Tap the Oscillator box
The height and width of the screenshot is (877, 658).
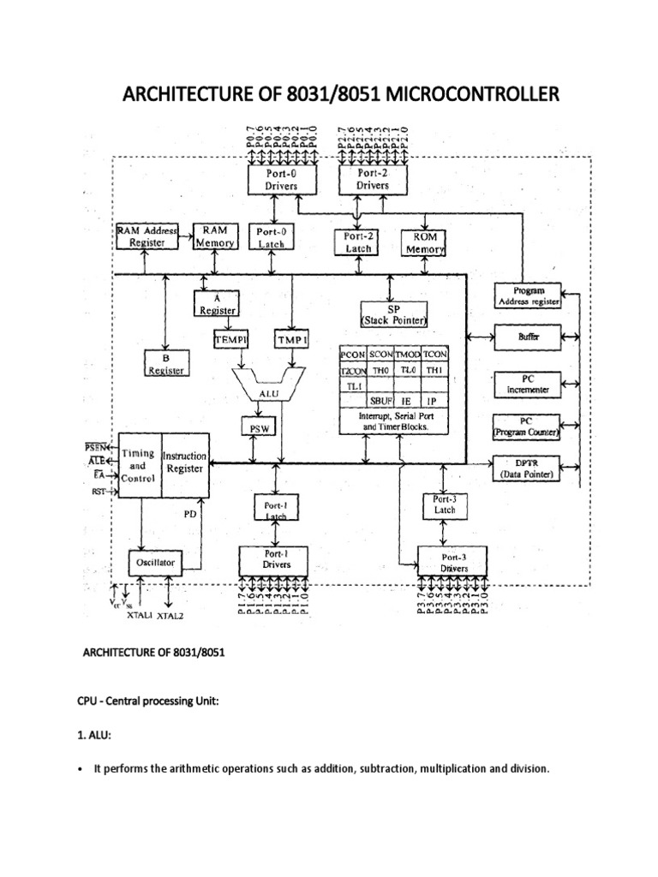tap(155, 562)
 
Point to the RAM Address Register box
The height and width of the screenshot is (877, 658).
tap(147, 237)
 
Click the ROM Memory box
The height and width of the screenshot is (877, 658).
tap(424, 242)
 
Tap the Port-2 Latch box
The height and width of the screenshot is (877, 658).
tap(356, 242)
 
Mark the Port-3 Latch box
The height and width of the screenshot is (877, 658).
tap(445, 504)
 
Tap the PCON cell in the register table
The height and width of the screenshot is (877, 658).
tap(353, 354)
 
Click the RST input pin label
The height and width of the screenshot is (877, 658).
tap(99, 492)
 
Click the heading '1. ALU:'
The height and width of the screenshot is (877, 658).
tap(98, 734)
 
